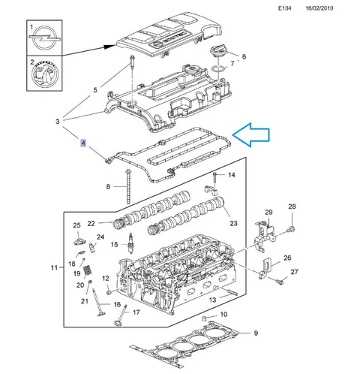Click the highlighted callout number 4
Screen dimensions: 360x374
click(83, 143)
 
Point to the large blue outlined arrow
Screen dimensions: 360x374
click(251, 134)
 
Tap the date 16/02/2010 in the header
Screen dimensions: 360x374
click(319, 8)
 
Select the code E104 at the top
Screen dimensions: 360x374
click(285, 8)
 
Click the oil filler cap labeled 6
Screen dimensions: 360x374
click(218, 51)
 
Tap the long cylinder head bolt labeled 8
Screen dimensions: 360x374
click(128, 186)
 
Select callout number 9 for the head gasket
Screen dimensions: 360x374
click(256, 333)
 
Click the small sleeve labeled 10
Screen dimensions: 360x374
click(205, 318)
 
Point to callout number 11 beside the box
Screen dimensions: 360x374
click(54, 267)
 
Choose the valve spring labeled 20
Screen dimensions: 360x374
click(87, 270)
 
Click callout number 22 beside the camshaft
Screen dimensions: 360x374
click(91, 223)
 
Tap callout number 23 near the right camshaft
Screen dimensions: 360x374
click(233, 223)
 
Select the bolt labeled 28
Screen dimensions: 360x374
click(292, 228)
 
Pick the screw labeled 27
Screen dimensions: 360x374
click(280, 282)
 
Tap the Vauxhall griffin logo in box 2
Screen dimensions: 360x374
click(44, 74)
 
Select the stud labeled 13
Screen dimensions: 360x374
click(231, 292)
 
